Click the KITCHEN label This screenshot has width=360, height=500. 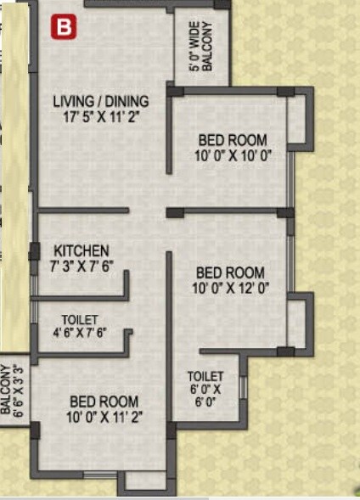tap(82, 251)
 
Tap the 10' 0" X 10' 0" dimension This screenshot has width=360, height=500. tap(233, 154)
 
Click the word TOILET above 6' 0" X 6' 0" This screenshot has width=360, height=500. tap(206, 376)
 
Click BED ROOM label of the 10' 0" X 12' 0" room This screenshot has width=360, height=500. tap(230, 272)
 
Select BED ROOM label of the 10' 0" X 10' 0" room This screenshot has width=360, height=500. tap(233, 140)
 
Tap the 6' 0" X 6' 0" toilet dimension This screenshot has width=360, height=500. tap(206, 396)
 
